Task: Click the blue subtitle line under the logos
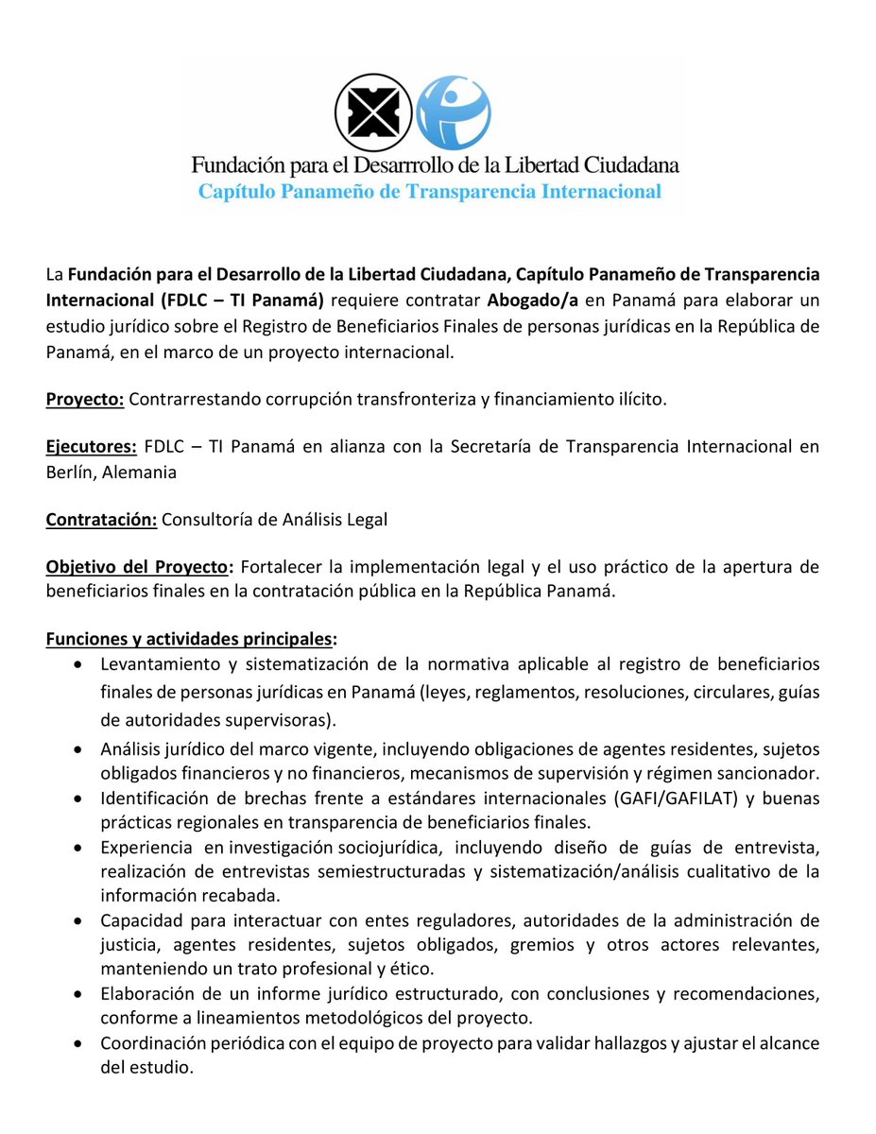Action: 429,192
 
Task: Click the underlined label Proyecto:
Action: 85,399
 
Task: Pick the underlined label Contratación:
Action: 102,519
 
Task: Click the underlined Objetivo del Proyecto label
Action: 139,567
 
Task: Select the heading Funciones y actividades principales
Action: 191,640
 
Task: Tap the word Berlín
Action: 70,472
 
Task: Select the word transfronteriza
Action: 418,399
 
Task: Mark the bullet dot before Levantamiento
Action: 79,664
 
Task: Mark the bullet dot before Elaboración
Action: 79,994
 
